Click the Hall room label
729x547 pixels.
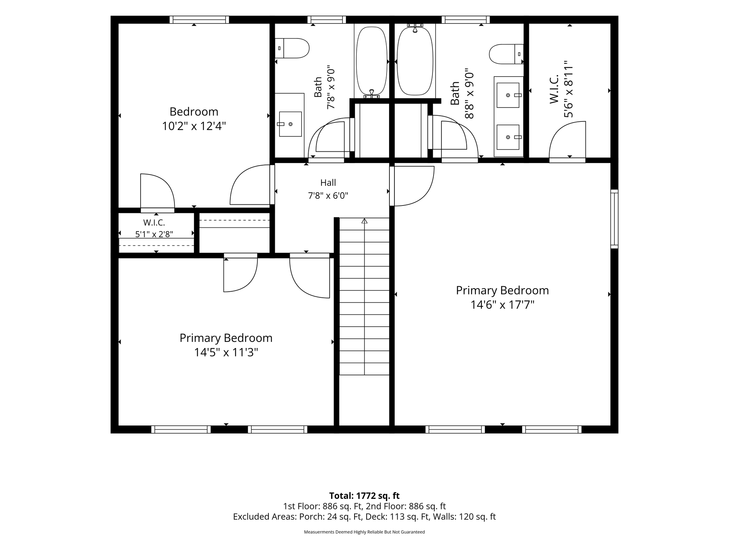328,183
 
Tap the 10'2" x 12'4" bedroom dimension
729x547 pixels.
194,126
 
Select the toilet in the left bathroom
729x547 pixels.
292,48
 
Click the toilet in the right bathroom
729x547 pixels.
507,54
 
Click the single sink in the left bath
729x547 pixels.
290,124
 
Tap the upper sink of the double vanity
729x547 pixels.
508,95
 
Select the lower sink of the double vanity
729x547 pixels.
508,137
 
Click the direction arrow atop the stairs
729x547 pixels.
364,221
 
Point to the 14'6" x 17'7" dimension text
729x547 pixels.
502,305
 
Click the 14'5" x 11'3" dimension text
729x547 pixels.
226,353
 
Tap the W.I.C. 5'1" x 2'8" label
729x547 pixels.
154,228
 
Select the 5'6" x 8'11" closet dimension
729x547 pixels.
568,89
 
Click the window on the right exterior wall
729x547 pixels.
614,219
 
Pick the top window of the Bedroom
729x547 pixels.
199,20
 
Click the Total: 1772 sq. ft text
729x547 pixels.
364,496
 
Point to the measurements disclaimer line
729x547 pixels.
364,532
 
